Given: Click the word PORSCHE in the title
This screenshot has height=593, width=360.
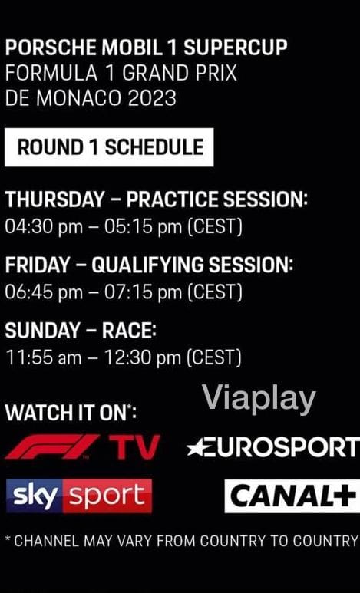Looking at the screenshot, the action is (51, 48).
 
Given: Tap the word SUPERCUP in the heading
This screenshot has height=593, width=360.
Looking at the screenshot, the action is (236, 48).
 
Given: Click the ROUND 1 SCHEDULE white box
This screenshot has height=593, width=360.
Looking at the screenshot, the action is (109, 147).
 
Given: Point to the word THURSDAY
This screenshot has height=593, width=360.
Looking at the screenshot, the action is (55, 199).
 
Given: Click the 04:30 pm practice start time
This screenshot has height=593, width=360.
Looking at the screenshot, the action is (44, 228).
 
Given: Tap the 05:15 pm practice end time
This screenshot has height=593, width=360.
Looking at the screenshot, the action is (143, 228).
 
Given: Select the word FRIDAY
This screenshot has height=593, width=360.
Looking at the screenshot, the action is (38, 265).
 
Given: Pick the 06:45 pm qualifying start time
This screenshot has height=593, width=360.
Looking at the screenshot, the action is (44, 293).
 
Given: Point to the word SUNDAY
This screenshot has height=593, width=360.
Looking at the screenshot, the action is (42, 331).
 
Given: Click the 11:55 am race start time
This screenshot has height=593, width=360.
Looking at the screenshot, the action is (44, 357).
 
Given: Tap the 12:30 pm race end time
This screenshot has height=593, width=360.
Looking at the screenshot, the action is (143, 358).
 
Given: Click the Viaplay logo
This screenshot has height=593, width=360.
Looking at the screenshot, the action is (259, 399).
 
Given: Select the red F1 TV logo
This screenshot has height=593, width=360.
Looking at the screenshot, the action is (83, 446).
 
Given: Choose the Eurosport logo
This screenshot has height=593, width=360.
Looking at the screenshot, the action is (273, 446).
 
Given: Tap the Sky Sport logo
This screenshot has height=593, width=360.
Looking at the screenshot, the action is (79, 496).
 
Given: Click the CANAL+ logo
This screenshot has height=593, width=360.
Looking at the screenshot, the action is (292, 496).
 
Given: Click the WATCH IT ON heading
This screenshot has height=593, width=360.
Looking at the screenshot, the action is (71, 413).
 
